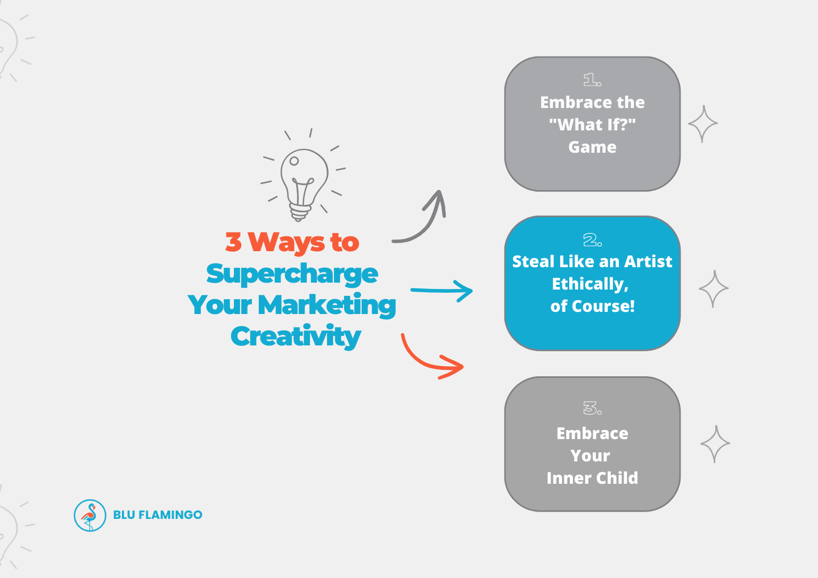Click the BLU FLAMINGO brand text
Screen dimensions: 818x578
coord(158,515)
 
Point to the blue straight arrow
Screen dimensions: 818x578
coord(441,291)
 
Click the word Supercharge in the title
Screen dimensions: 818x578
coord(292,274)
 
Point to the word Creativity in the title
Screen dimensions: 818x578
coord(296,336)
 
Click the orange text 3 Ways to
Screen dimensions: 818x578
coord(292,242)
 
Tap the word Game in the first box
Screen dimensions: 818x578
coord(592,147)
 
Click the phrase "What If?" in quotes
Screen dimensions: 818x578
coord(592,125)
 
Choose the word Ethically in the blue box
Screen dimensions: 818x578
coord(590,284)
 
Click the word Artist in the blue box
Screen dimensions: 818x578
coord(648,262)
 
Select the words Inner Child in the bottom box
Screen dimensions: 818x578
coord(592,478)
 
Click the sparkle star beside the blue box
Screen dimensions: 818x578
coord(714,288)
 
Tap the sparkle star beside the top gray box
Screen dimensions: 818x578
coord(703,123)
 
